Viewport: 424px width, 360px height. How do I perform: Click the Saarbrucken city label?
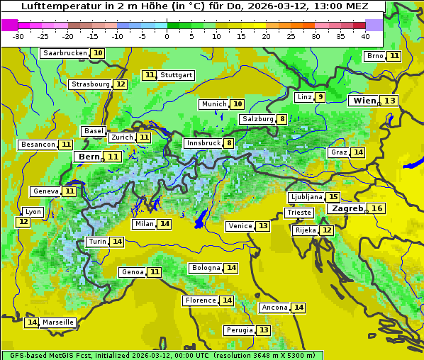[x=65, y=53]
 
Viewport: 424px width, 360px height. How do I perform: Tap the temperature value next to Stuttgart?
[x=150, y=75]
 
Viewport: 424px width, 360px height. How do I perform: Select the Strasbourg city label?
[x=90, y=84]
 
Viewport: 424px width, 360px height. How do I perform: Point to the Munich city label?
[x=213, y=104]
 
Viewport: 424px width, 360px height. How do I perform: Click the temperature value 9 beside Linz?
[x=320, y=97]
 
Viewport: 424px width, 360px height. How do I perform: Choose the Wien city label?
[x=365, y=101]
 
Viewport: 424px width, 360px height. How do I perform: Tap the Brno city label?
[x=374, y=56]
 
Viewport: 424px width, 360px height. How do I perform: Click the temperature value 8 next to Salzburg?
[x=282, y=119]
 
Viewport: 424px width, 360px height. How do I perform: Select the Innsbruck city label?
[x=203, y=143]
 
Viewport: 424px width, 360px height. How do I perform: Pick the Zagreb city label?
[x=347, y=208]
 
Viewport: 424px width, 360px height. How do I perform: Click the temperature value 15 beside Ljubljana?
[x=333, y=197]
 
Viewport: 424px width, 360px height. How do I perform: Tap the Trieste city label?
[x=299, y=213]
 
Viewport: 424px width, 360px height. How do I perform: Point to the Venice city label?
[x=240, y=226]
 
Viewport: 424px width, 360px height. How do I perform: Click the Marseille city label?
[x=58, y=322]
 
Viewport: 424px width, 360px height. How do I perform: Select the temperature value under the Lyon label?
[x=23, y=222]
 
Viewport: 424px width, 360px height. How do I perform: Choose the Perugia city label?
[x=238, y=330]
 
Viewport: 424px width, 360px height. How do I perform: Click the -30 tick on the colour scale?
[x=18, y=36]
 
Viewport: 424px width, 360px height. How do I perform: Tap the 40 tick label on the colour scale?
[x=365, y=36]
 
